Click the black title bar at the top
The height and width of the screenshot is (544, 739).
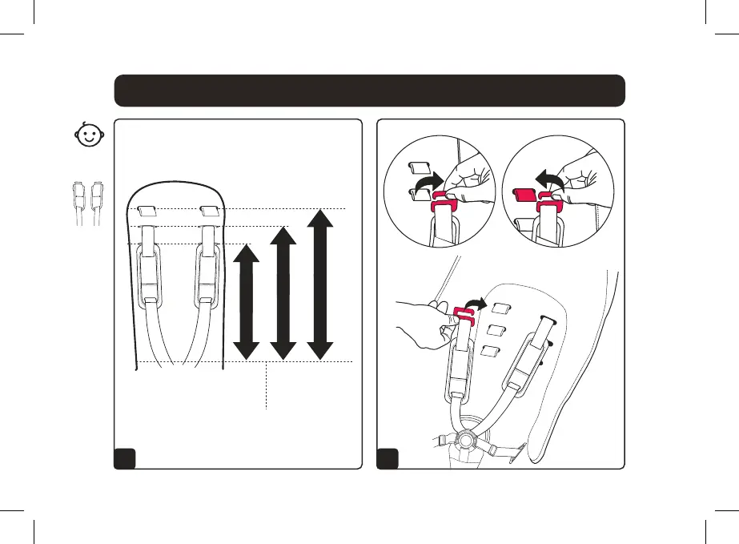(369, 91)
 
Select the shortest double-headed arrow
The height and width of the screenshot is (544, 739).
(247, 300)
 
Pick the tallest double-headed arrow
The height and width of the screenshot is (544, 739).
(319, 283)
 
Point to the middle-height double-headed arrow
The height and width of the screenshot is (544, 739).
(282, 292)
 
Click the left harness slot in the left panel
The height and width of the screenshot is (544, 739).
(147, 212)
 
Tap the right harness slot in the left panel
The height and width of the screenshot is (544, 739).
(210, 212)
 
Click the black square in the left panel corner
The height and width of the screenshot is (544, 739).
(125, 457)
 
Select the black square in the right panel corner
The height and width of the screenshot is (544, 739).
(388, 457)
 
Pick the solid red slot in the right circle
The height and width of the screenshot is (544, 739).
(524, 195)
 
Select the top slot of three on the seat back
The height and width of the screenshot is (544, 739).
(501, 308)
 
